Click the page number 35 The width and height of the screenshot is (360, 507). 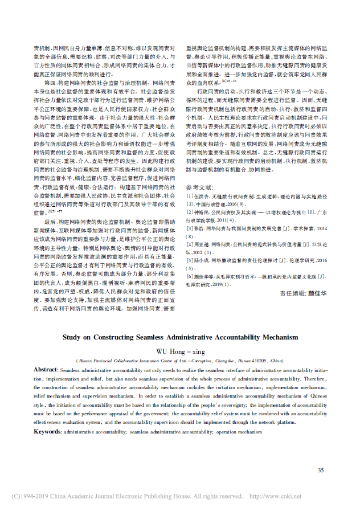coord(321,470)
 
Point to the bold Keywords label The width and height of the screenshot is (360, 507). coord(48,433)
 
